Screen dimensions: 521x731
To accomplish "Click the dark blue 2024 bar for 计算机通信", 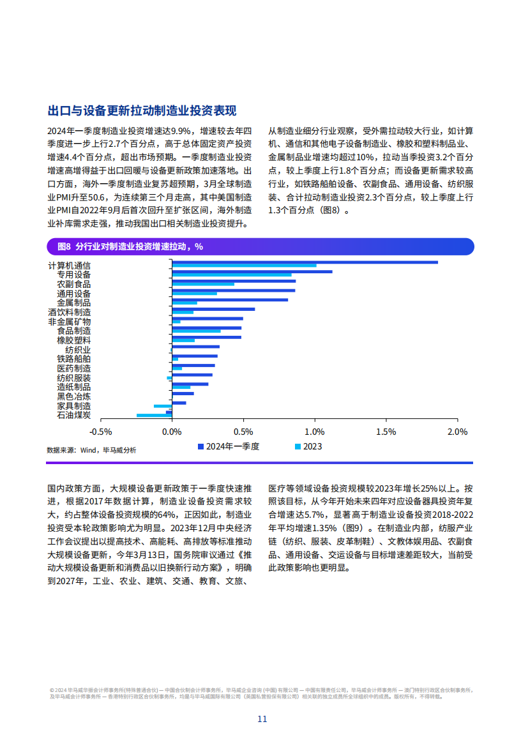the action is click(x=305, y=262).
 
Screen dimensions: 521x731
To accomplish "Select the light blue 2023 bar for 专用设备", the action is click(x=232, y=275).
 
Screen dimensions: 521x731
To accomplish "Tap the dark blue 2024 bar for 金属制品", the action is click(x=230, y=300).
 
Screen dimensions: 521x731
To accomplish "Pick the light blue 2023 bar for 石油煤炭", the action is click(x=155, y=415).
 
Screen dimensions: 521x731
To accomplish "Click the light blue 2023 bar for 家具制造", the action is click(x=163, y=406).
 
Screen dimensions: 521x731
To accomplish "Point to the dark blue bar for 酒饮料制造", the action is click(x=214, y=309).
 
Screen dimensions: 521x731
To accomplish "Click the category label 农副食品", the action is click(x=73, y=284).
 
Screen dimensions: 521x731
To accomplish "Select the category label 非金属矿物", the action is click(x=70, y=322).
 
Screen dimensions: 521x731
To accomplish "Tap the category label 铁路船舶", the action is click(x=73, y=359).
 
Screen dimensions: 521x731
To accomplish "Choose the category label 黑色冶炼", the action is click(x=73, y=396).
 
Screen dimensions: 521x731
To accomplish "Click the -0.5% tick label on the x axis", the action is click(x=101, y=432).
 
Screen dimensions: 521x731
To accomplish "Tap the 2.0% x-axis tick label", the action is click(x=458, y=432).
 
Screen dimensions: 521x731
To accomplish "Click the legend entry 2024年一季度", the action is click(x=229, y=447).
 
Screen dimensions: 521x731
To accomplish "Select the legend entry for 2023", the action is click(x=308, y=447).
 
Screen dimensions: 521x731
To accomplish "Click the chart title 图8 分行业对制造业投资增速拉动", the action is click(x=130, y=246).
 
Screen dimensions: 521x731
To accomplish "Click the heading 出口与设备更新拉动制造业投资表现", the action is click(x=142, y=111).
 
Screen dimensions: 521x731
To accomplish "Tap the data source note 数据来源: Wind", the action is click(x=91, y=450).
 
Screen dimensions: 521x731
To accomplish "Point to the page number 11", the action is click(x=262, y=719).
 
